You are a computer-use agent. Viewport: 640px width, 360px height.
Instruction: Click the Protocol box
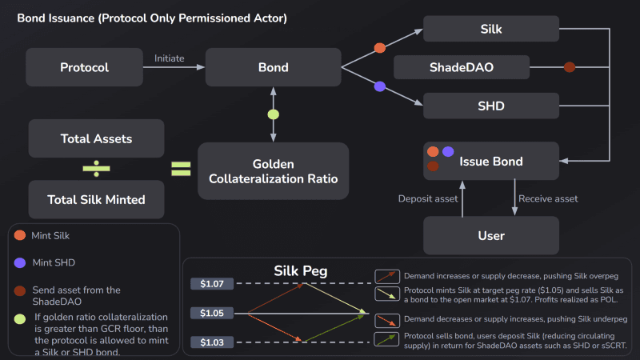pyautogui.click(x=85, y=67)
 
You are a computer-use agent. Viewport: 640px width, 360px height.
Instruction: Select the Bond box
pyautogui.click(x=273, y=67)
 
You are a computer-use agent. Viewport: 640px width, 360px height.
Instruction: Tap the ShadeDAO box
pyautogui.click(x=462, y=67)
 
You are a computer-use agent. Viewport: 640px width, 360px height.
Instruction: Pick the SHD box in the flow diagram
pyautogui.click(x=491, y=106)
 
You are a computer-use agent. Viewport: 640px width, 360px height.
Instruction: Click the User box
pyautogui.click(x=491, y=235)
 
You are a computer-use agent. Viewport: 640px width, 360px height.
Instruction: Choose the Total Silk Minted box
pyautogui.click(x=96, y=199)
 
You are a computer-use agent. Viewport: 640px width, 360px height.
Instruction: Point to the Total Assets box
pyautogui.click(x=96, y=138)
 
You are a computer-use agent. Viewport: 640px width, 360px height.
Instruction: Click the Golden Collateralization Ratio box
pyautogui.click(x=273, y=171)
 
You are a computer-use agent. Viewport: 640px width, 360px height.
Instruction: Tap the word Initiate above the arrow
pyautogui.click(x=170, y=58)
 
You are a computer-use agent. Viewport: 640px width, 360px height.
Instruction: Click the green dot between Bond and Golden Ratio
pyautogui.click(x=274, y=114)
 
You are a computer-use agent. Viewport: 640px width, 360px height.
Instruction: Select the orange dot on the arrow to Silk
pyautogui.click(x=380, y=48)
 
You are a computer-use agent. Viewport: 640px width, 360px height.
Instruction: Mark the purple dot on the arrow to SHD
pyautogui.click(x=380, y=86)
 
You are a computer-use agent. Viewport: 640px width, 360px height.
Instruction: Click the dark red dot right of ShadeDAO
pyautogui.click(x=570, y=67)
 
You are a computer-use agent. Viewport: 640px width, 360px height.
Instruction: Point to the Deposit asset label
pyautogui.click(x=428, y=198)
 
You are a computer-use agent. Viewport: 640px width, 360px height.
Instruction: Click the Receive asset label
pyautogui.click(x=548, y=198)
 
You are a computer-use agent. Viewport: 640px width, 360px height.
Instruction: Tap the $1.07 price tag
pyautogui.click(x=212, y=284)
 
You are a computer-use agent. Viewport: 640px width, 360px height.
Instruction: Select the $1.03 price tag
pyautogui.click(x=212, y=342)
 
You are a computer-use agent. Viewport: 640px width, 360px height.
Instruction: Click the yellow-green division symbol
pyautogui.click(x=96, y=169)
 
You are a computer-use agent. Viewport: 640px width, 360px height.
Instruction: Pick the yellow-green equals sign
pyautogui.click(x=181, y=169)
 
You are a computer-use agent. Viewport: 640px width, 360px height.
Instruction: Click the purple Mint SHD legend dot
pyautogui.click(x=20, y=262)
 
